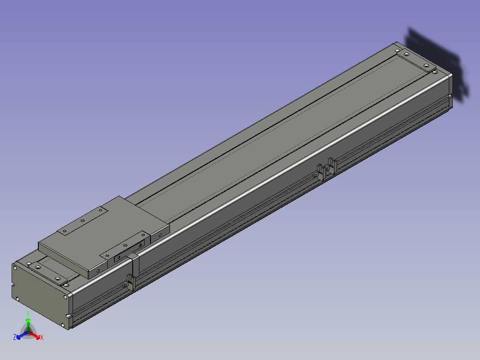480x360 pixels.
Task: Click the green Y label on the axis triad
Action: pos(28,313)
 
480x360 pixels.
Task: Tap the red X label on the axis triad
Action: pos(42,337)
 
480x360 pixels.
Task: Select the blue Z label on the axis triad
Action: pos(15,337)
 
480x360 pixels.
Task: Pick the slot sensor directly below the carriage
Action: pos(131,282)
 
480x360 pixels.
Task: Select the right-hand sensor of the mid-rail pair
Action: pos(332,166)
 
